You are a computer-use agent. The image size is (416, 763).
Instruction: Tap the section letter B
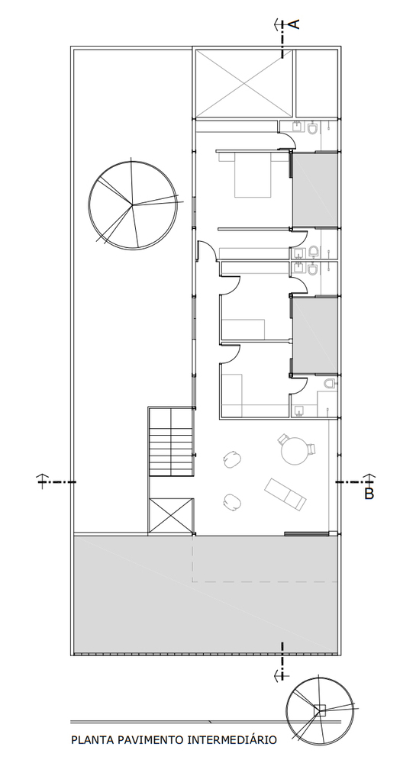[x=369, y=494]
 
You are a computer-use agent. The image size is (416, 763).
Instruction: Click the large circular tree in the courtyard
[x=133, y=205]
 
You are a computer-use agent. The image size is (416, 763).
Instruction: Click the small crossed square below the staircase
[x=171, y=516]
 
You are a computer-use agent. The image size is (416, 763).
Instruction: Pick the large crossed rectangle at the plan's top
[x=244, y=83]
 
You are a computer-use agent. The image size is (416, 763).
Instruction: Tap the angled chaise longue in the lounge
[x=285, y=494]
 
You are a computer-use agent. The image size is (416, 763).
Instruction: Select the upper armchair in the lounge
[x=233, y=459]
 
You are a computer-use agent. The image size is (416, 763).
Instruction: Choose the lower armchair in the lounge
[x=233, y=502]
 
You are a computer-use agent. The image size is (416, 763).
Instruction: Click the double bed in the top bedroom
[x=253, y=174]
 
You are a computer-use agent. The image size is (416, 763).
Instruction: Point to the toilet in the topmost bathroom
[x=313, y=127]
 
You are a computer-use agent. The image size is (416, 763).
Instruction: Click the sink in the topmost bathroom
[x=297, y=127]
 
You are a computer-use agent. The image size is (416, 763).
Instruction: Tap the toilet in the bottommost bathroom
[x=331, y=384]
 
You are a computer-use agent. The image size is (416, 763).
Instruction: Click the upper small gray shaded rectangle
[x=314, y=190]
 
